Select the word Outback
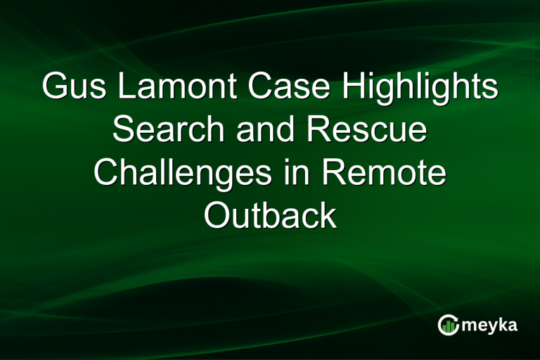(x=270, y=215)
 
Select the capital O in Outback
(x=216, y=215)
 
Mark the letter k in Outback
(x=328, y=215)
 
